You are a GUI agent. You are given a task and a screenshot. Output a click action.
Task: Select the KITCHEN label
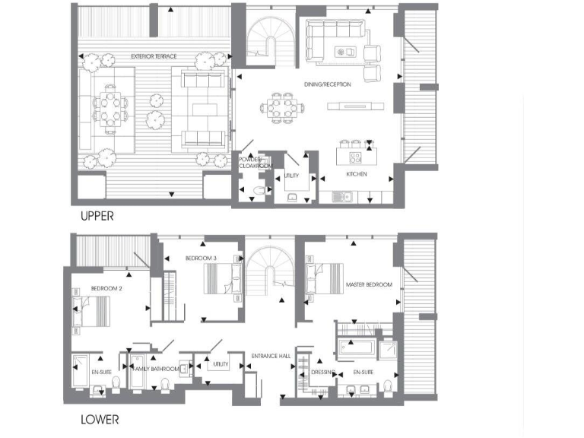coord(357,174)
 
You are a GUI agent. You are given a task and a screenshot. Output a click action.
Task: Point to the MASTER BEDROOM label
coord(369,284)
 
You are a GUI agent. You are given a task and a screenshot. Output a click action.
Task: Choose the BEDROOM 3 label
coord(201,259)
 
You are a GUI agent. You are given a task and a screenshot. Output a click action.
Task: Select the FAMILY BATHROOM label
coord(156,369)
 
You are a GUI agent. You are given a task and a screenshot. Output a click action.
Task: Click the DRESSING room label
coord(322,372)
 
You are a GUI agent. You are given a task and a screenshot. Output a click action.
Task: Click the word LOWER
coord(99,419)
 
